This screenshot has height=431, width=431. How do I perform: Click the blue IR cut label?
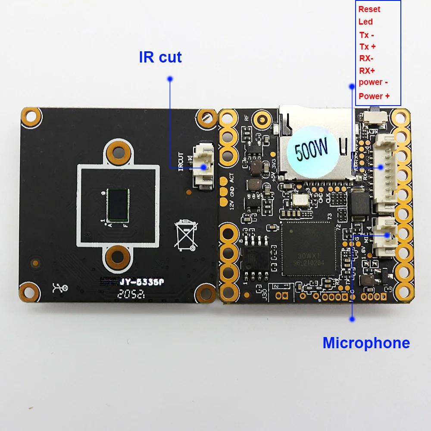160,57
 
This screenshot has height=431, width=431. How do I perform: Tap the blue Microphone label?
366,343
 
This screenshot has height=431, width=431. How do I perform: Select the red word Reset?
369,9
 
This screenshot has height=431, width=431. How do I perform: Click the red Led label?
365,22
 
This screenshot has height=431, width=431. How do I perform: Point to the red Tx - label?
367,35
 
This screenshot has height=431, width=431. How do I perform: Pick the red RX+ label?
367,70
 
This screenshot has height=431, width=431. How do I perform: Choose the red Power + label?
374,96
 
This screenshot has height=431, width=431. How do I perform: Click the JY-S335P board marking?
141,282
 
